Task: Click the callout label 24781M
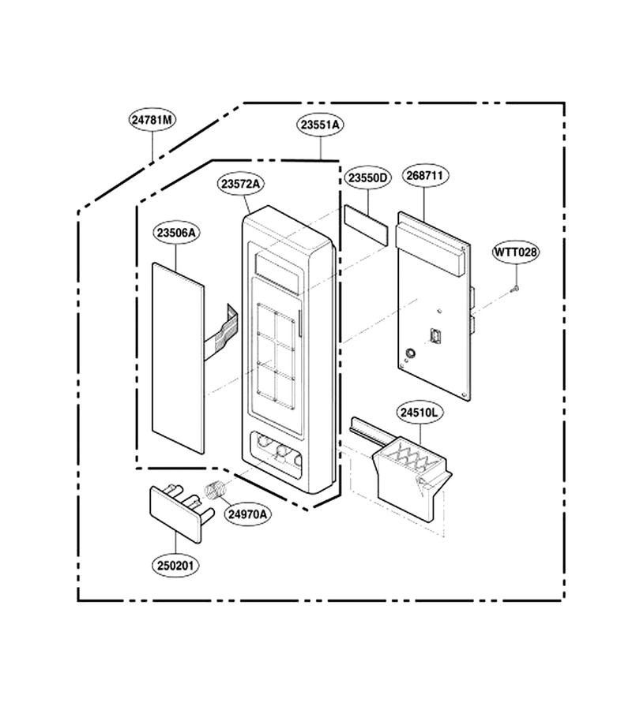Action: point(152,120)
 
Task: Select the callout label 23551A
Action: point(320,125)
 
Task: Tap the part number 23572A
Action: point(241,184)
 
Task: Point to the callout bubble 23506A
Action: point(176,233)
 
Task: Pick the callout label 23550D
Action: point(367,178)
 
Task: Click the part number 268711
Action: point(424,175)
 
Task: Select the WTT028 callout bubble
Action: point(516,252)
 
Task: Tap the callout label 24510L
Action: point(419,413)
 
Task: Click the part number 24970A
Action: point(247,514)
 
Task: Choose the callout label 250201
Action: point(175,566)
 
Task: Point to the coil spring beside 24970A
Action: point(215,491)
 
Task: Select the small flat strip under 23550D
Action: point(367,225)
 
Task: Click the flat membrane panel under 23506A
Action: point(178,357)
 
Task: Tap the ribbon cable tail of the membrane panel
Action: point(221,331)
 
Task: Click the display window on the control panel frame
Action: point(278,274)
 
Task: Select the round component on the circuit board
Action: point(409,353)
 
